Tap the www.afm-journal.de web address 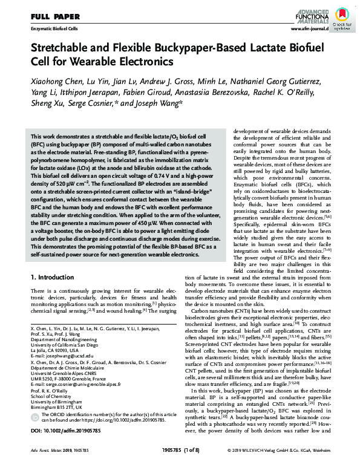tap(309, 28)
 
